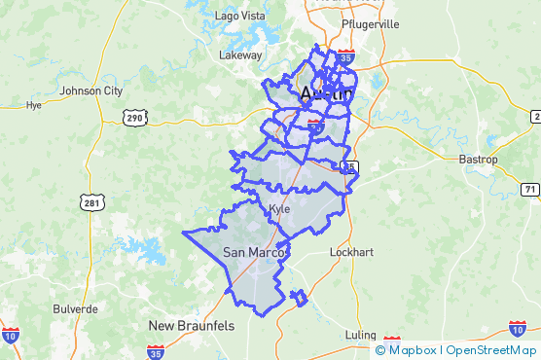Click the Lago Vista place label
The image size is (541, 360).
click(239, 17)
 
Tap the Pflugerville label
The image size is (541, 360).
click(371, 23)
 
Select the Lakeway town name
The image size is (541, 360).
click(240, 55)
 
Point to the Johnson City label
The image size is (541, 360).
click(91, 91)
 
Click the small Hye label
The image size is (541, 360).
click(35, 105)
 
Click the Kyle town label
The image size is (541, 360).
click(279, 209)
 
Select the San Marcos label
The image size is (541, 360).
click(254, 253)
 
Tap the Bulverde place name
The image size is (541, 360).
click(75, 308)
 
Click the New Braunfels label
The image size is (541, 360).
click(191, 325)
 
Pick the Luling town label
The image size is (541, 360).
click(360, 335)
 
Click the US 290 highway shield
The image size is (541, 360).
click(134, 118)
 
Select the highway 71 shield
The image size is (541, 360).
click(529, 189)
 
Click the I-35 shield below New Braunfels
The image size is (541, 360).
click(156, 351)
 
